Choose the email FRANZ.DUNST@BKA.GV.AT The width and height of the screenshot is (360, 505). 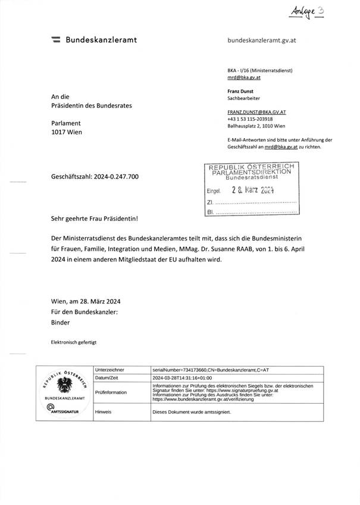point(257,111)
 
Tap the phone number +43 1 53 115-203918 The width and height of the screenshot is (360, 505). point(254,119)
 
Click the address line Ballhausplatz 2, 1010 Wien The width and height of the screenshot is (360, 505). point(256,126)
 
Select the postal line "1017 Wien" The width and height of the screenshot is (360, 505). point(67,132)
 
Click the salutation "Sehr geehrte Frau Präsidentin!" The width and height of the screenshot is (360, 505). point(95,219)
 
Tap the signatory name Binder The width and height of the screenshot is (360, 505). point(61,322)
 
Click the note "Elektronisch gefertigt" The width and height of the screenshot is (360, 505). point(74,342)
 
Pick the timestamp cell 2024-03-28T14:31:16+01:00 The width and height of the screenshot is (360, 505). point(184,378)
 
